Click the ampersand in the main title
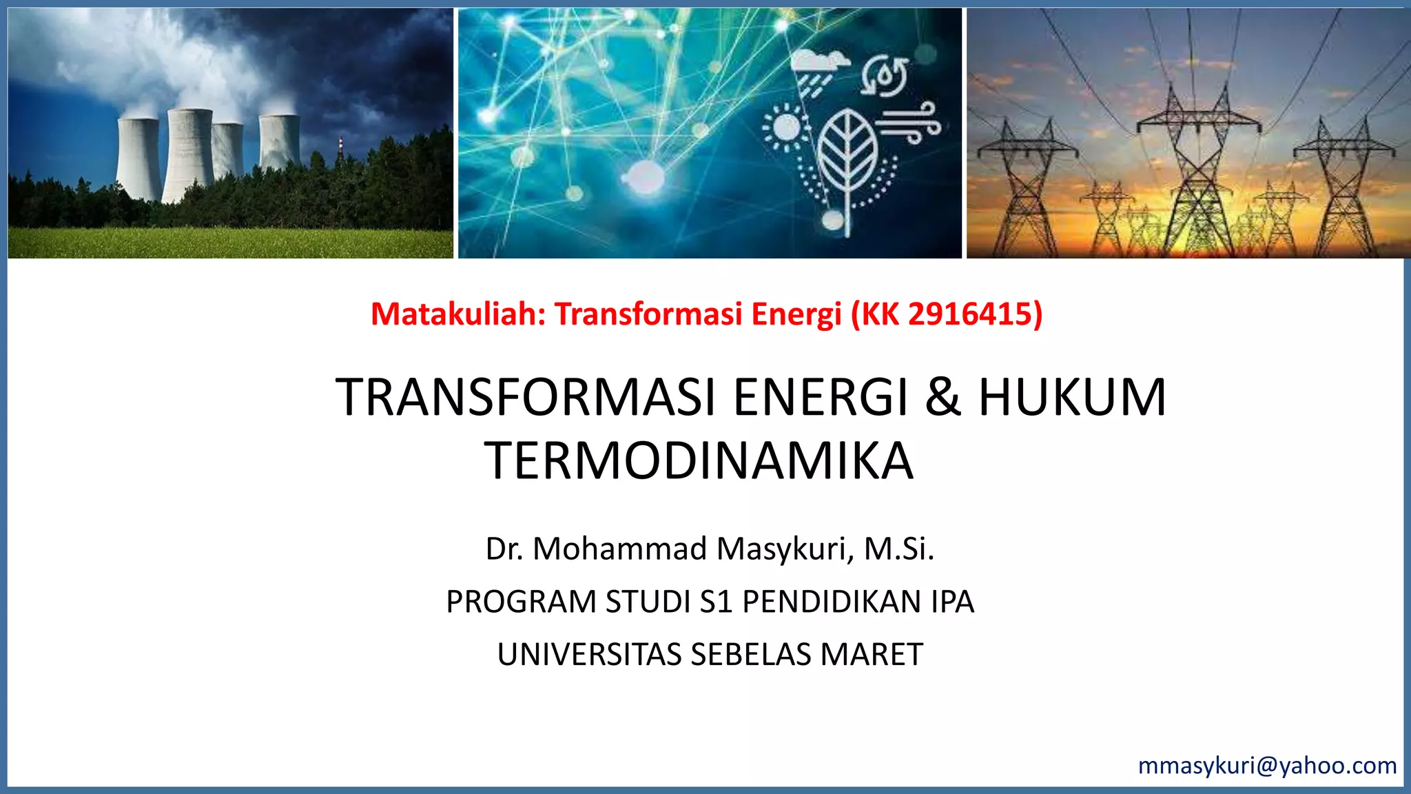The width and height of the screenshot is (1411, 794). coord(943,398)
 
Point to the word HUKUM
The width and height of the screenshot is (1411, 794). coord(1072,398)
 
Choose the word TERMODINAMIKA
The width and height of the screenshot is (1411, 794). coord(699,461)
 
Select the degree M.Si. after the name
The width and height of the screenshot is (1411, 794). coord(899,549)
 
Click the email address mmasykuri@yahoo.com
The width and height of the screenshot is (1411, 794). coord(1267,766)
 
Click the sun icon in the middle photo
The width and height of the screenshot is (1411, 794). coord(786,128)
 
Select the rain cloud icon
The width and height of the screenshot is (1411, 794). coord(819,69)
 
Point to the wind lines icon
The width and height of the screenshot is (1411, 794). coord(908,121)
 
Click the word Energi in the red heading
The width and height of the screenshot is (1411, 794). coord(796,314)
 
